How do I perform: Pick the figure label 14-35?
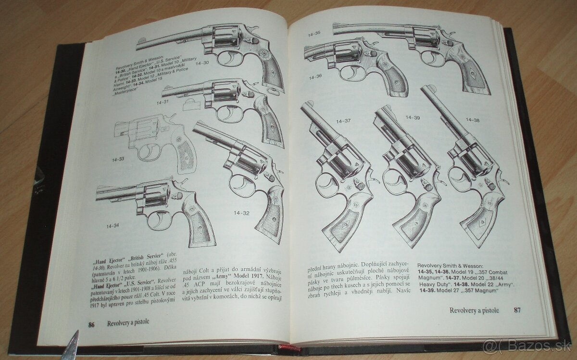(x=314, y=33)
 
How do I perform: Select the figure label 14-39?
(x=413, y=117)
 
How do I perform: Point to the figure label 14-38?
(x=473, y=120)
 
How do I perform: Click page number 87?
(x=517, y=310)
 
